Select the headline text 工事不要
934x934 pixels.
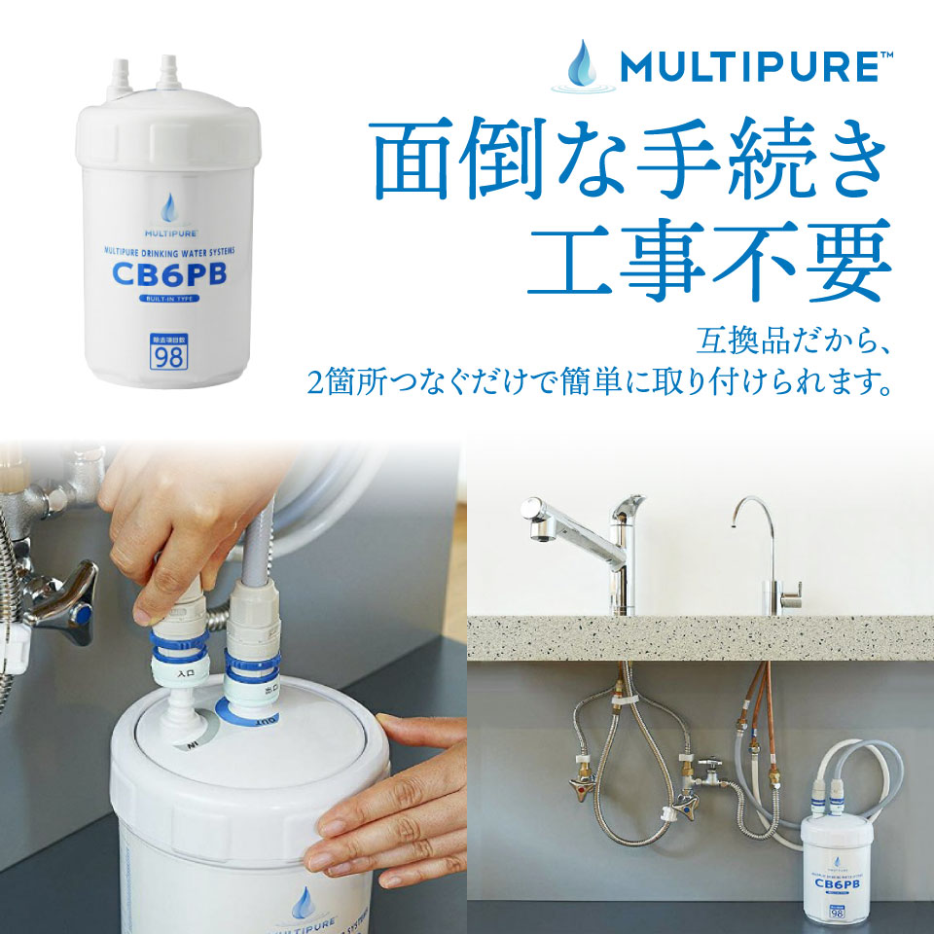[x=708, y=259]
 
